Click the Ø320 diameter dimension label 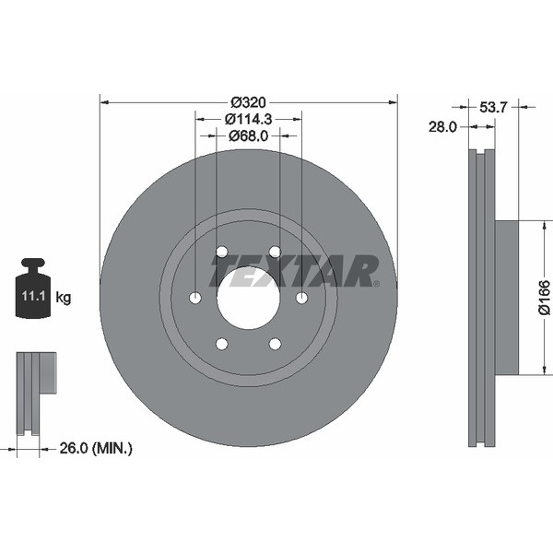pyautogui.click(x=248, y=101)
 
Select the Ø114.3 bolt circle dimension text pyautogui.click(x=248, y=119)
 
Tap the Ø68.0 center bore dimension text pyautogui.click(x=248, y=135)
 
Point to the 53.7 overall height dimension pyautogui.click(x=492, y=108)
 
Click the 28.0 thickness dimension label pyautogui.click(x=441, y=127)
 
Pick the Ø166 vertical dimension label pyautogui.click(x=544, y=298)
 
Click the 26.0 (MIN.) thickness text pyautogui.click(x=94, y=449)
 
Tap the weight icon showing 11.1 pyautogui.click(x=33, y=290)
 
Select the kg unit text pyautogui.click(x=64, y=298)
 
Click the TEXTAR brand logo pyautogui.click(x=295, y=271)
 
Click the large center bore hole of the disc pyautogui.click(x=248, y=298)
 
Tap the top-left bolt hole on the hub pyautogui.click(x=221, y=252)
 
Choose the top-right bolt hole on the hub pyautogui.click(x=275, y=252)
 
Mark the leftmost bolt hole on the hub pyautogui.click(x=194, y=298)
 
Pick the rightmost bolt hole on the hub pyautogui.click(x=301, y=298)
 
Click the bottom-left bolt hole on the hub pyautogui.click(x=221, y=344)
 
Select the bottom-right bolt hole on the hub pyautogui.click(x=275, y=344)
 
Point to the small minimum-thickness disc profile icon pyautogui.click(x=35, y=393)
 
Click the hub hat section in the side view pyautogui.click(x=506, y=298)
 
